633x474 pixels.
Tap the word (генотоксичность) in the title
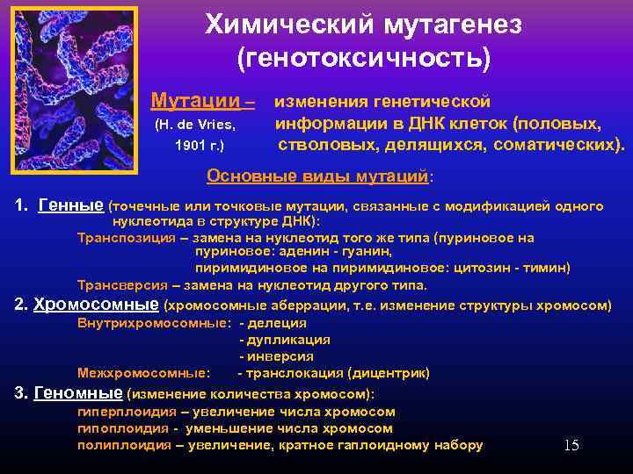coord(364,59)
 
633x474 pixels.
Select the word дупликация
coord(288,340)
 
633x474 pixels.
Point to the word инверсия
coord(280,356)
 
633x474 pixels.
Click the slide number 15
coord(571,445)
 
